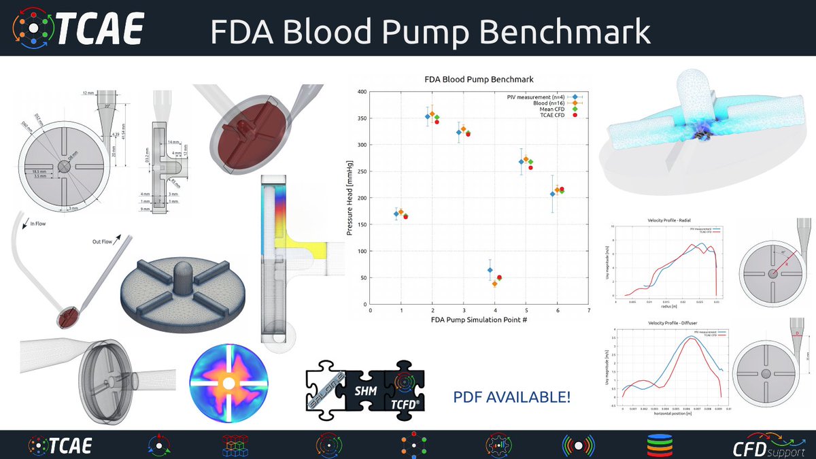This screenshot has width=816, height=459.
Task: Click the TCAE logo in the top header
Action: pos(79,28)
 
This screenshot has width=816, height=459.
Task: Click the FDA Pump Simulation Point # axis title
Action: pos(479,319)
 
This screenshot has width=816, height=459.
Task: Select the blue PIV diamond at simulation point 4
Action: pos(490,270)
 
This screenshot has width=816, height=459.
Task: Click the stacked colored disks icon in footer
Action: pos(660,445)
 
